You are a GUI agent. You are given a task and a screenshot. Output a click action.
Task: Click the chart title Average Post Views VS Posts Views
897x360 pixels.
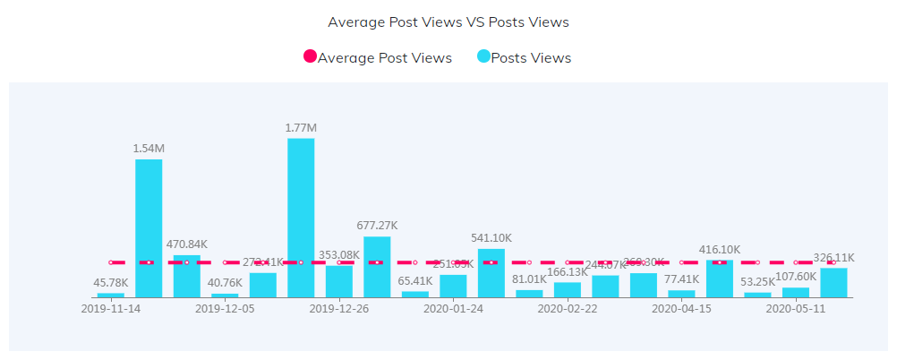click(x=448, y=21)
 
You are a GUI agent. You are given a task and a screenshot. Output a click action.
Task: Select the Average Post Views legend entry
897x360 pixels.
click(x=378, y=58)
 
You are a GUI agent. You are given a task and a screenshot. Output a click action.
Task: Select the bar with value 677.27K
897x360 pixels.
click(x=377, y=266)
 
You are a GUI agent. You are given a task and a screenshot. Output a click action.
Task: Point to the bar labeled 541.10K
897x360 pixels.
click(x=491, y=272)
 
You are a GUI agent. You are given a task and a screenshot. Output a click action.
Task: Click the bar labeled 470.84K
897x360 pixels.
click(x=186, y=276)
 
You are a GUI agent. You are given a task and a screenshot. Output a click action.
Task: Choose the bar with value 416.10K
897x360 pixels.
click(x=719, y=278)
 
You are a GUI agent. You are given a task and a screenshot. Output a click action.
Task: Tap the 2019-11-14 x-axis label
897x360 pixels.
click(x=111, y=309)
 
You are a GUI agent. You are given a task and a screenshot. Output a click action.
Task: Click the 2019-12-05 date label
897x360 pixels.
click(x=225, y=309)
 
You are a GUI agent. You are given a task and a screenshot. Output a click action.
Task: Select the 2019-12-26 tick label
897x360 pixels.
click(x=339, y=309)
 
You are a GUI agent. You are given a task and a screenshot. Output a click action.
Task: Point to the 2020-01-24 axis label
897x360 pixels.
click(x=453, y=309)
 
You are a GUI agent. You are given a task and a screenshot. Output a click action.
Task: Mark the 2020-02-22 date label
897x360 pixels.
click(x=568, y=309)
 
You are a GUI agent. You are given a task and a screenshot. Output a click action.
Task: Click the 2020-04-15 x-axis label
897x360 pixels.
click(x=681, y=309)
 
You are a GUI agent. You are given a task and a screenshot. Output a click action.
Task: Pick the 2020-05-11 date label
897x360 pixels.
click(x=796, y=309)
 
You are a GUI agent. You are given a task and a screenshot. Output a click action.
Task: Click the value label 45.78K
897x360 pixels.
click(x=111, y=283)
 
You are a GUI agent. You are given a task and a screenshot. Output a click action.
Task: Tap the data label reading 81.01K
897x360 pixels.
click(x=529, y=279)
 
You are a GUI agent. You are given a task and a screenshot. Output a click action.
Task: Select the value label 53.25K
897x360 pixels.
click(x=757, y=282)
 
